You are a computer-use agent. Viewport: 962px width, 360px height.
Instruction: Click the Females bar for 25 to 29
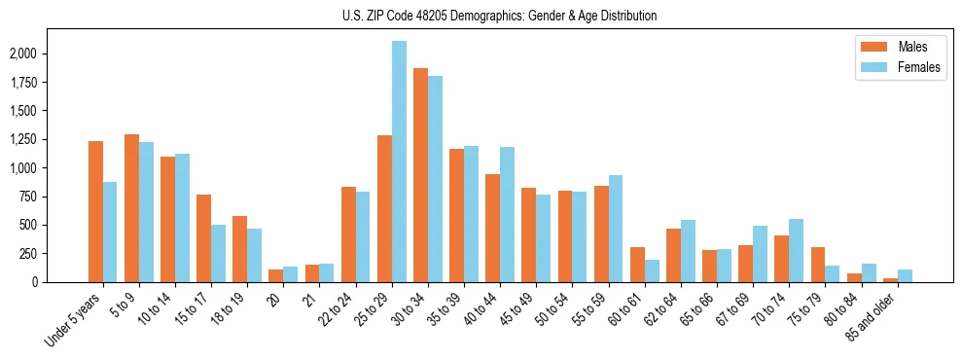tap(399, 162)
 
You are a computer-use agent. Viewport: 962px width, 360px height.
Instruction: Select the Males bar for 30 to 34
tap(420, 175)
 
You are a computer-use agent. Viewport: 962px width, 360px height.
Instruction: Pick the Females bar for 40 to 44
tap(507, 214)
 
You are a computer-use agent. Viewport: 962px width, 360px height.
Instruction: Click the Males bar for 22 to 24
tap(348, 234)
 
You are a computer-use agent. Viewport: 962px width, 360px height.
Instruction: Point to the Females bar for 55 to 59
tap(615, 229)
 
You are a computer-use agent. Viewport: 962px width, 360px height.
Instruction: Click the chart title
tap(499, 16)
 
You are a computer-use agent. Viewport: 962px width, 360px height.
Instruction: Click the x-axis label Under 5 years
tap(73, 321)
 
